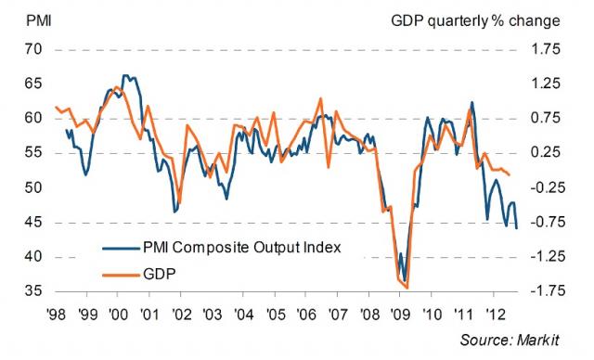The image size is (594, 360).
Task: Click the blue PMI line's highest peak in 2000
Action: (125, 76)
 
